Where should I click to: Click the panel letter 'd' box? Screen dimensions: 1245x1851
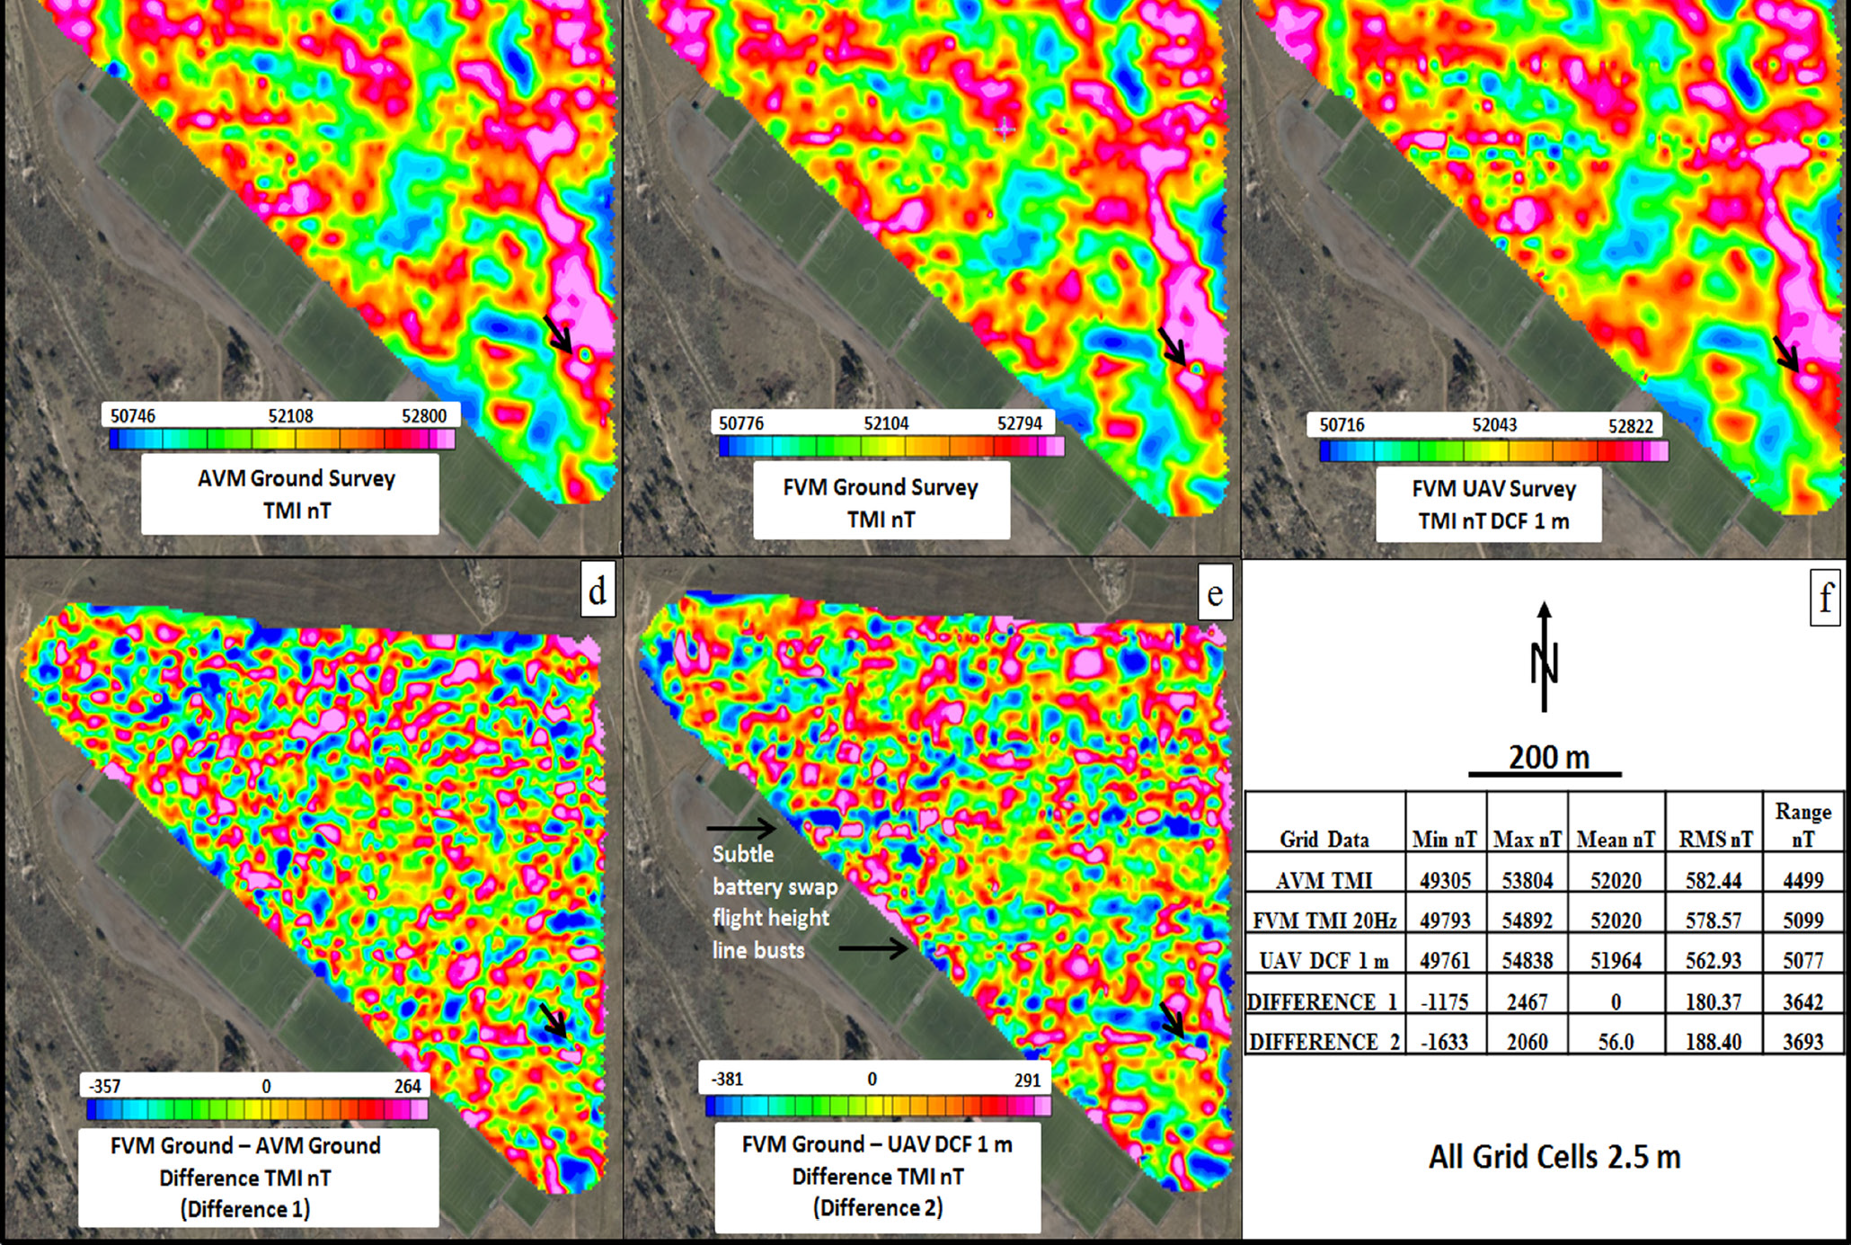coord(598,591)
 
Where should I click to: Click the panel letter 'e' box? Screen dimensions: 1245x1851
coord(1215,593)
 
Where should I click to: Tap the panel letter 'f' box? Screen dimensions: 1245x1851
coord(1825,599)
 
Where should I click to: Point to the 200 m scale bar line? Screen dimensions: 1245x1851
coord(1545,773)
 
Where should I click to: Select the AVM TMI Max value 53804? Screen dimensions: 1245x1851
coord(1527,880)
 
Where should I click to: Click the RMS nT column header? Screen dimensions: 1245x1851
coord(1714,840)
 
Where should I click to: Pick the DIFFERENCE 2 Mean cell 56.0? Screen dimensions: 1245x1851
coord(1616,1042)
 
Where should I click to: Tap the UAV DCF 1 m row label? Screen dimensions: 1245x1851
coord(1324,961)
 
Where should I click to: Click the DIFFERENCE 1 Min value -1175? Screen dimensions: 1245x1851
coord(1445,1001)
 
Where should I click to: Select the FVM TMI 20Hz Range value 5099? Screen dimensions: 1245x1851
coord(1802,920)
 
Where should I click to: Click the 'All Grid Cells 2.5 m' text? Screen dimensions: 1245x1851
coord(1554,1157)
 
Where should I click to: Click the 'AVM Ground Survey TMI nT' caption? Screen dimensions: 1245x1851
coord(296,494)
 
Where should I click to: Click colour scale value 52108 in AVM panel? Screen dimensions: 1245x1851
coord(290,416)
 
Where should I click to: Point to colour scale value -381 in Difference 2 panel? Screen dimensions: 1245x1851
coord(727,1079)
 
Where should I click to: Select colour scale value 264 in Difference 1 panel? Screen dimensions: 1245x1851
coord(407,1086)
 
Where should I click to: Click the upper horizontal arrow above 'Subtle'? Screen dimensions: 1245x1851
coord(741,827)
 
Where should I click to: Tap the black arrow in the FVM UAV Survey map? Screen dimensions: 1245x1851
coord(1786,354)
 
